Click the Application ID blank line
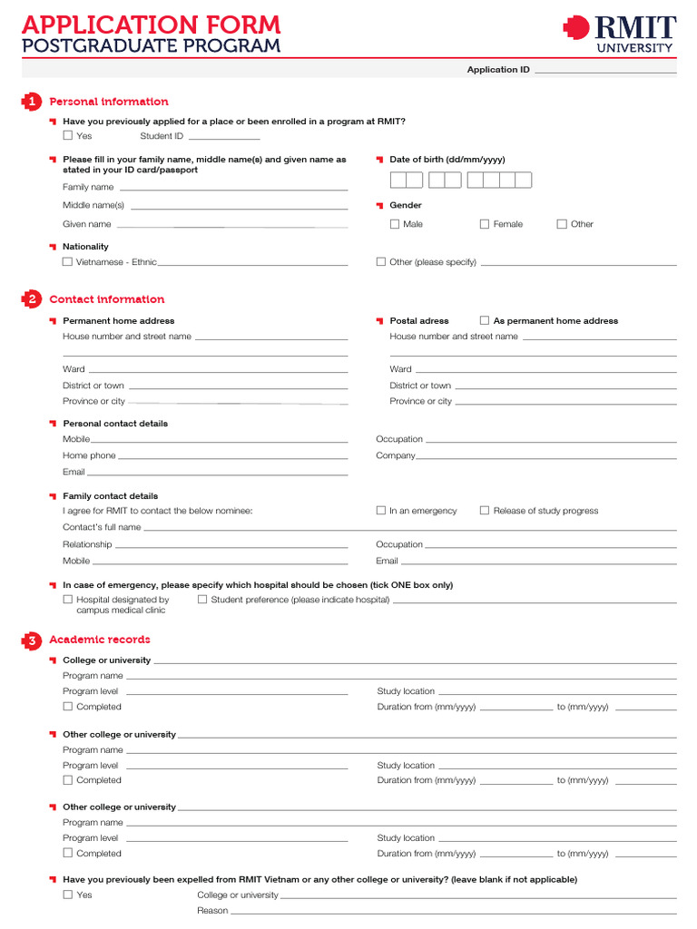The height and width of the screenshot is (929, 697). coord(605,70)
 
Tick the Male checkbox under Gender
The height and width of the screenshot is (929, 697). coord(395,224)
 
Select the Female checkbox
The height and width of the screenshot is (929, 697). coord(485,224)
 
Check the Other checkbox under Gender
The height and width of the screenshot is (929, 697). coord(562,224)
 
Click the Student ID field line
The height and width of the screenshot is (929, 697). coord(223,137)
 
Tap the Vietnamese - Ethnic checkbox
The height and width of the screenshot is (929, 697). coord(68,262)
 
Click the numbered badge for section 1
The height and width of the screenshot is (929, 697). coord(32,102)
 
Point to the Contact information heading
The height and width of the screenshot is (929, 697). coord(107,299)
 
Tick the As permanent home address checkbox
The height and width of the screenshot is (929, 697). coord(485,320)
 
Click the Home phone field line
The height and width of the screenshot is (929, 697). coord(232,456)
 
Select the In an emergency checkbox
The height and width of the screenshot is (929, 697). coord(381,511)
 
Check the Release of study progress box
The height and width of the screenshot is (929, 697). coord(485,511)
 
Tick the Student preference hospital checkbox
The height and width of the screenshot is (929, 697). coord(202,600)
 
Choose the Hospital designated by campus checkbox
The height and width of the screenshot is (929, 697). coord(68,600)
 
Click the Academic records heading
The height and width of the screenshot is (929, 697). coord(100,640)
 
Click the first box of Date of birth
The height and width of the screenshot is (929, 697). coord(398,180)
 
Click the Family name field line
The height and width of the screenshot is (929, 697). coord(232,188)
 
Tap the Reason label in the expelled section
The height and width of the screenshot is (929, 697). coord(212,911)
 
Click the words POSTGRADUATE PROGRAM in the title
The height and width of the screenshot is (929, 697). coord(151,46)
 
